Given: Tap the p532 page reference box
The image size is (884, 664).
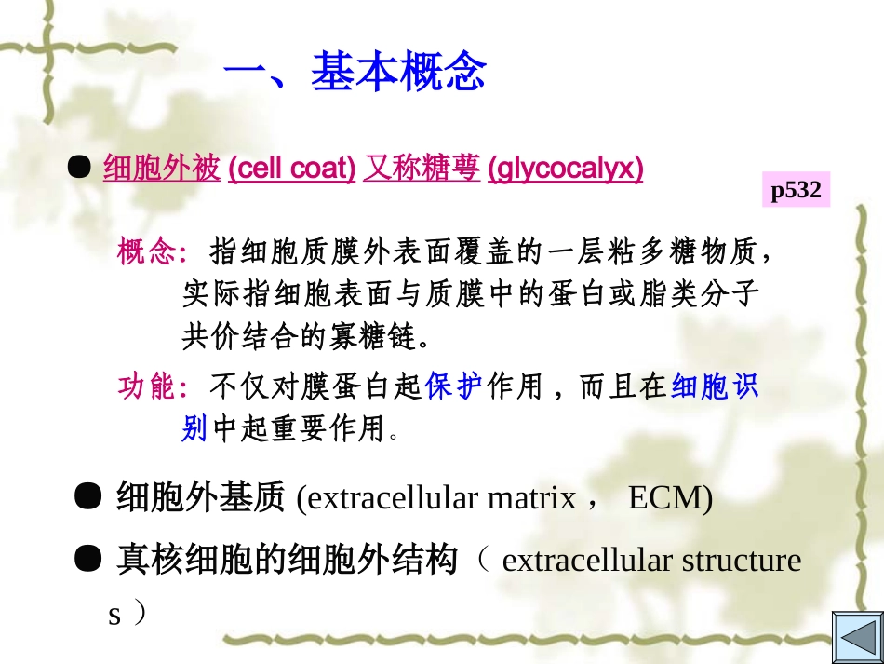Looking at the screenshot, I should (x=796, y=190).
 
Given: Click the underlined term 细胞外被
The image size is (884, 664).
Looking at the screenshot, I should (x=162, y=169).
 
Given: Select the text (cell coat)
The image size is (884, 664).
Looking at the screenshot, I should (x=291, y=169).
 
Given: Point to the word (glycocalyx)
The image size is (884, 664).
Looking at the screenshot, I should (x=565, y=169).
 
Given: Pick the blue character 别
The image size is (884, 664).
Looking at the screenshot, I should (x=194, y=428).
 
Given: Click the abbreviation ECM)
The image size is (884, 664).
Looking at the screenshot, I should (x=670, y=499).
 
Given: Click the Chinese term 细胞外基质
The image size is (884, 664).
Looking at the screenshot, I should (x=200, y=499).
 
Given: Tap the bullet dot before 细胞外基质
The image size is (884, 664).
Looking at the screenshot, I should (x=88, y=497).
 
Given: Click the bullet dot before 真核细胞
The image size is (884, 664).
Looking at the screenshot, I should (x=88, y=559).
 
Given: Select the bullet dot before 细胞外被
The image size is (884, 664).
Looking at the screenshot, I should (x=81, y=167).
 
